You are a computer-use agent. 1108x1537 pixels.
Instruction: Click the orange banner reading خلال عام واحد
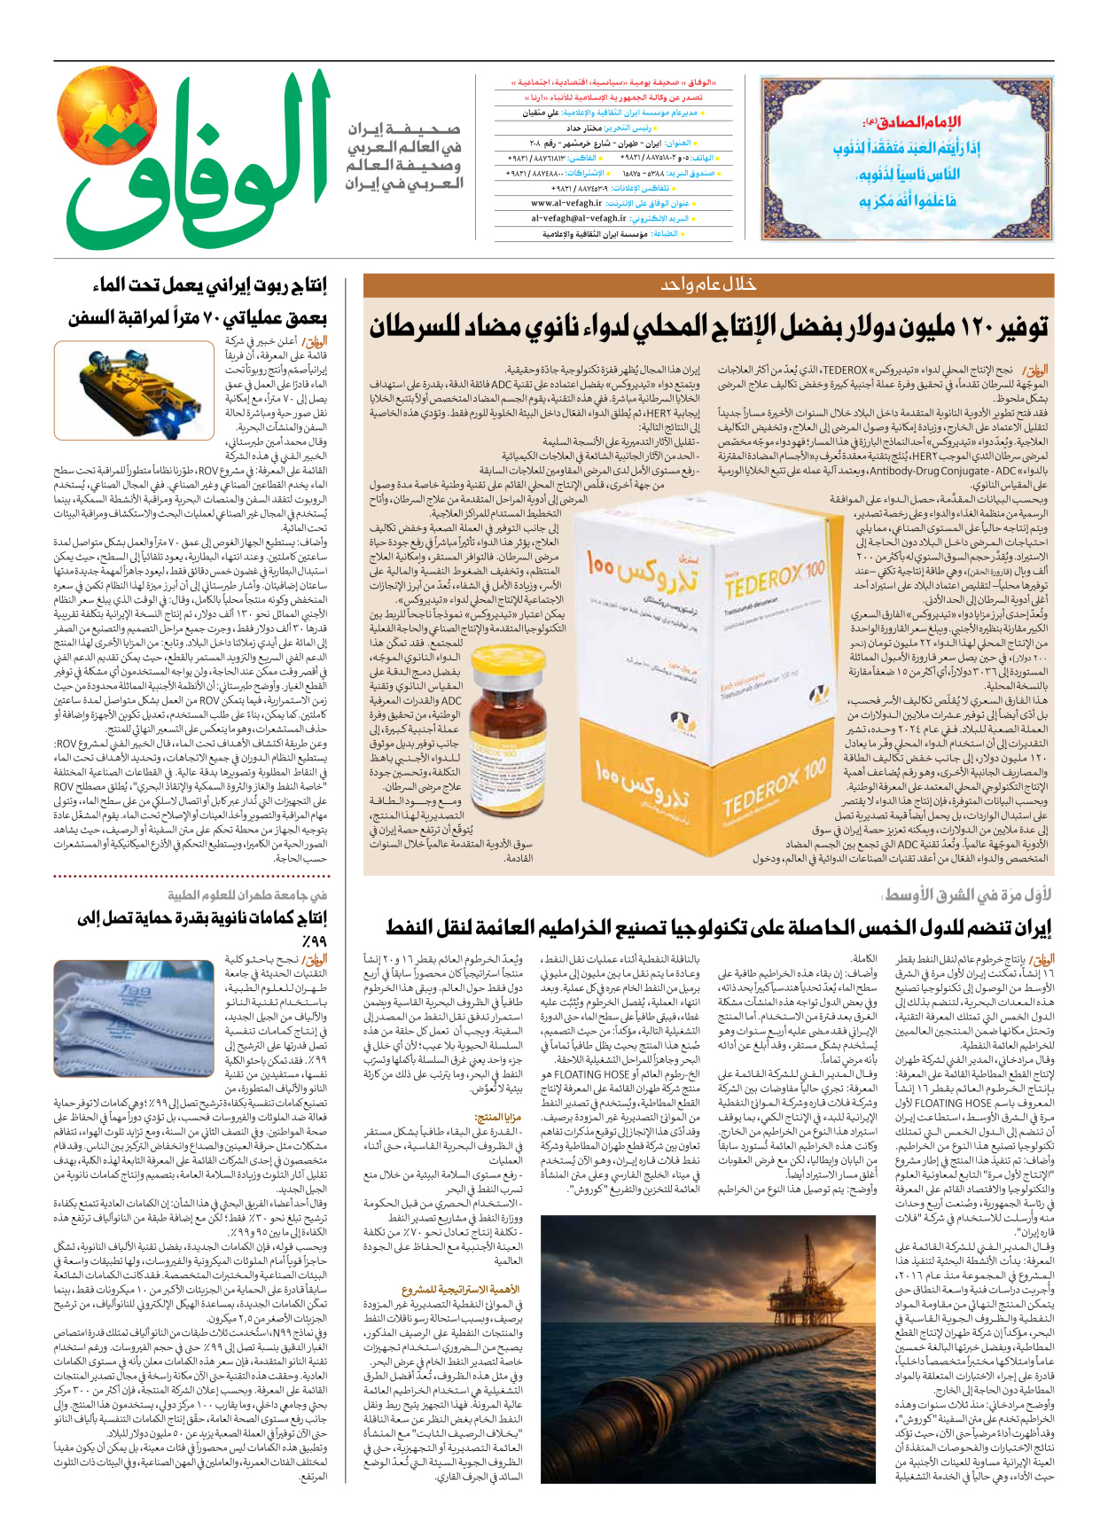708,285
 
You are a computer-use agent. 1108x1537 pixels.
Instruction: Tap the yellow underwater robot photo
134,390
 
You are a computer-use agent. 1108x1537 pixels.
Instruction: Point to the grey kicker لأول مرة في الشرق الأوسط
967,895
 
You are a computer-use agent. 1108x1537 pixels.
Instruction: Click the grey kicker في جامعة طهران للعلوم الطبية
247,895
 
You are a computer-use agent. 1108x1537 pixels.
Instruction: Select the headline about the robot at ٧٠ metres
199,301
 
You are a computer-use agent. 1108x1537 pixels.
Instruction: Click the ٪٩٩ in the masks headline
314,940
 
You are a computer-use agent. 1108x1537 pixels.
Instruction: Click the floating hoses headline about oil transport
718,928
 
